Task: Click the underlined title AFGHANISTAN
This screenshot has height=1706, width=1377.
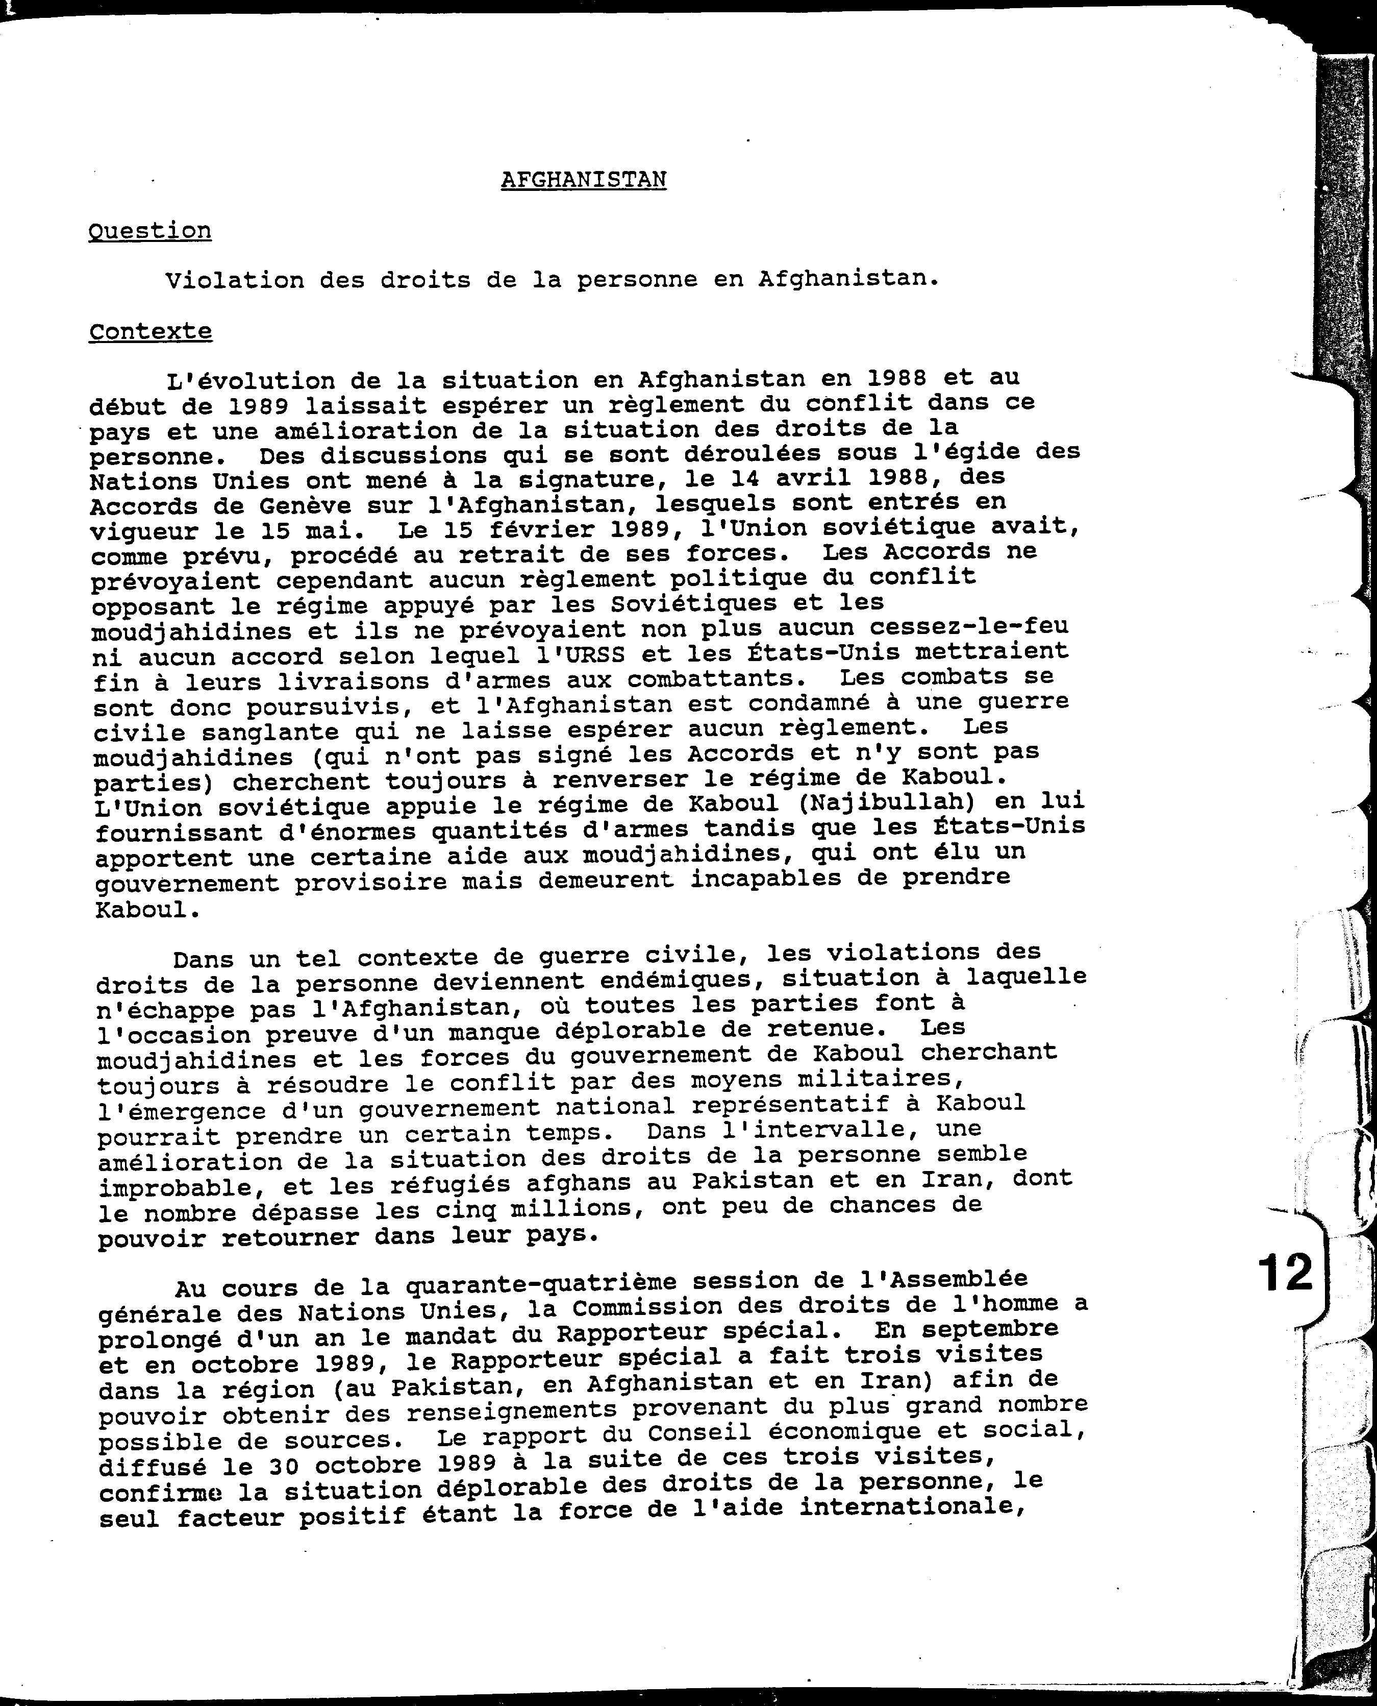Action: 583,180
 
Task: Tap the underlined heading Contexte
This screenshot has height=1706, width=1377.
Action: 150,332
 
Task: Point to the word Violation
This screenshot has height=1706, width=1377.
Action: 235,280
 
